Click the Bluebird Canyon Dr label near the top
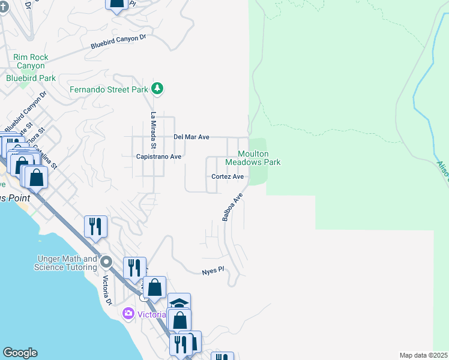pos(118,41)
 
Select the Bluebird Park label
pos(31,78)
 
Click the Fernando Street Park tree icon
pos(157,89)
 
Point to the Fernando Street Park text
pos(109,89)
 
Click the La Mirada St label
pos(154,130)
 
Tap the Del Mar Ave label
pos(191,137)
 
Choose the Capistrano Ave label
pos(159,156)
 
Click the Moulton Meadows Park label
pos(253,158)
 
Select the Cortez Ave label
pos(228,176)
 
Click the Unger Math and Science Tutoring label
pos(67,263)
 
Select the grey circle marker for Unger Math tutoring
pos(107,262)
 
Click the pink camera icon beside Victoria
pos(127,314)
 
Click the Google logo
pos(20,353)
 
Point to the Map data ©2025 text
pos(423,355)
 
